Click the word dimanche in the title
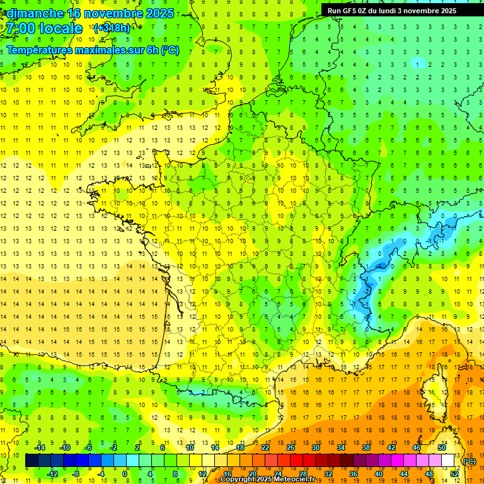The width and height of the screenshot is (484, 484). click(35, 13)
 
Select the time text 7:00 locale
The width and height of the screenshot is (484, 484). click(45, 28)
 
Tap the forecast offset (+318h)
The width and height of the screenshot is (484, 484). click(113, 28)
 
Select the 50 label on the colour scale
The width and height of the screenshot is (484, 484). click(442, 447)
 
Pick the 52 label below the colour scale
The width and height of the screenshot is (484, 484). click(454, 474)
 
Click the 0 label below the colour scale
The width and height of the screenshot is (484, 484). click(125, 474)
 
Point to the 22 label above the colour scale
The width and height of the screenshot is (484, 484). click(265, 447)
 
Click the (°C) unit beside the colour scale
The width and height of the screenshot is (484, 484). click(469, 461)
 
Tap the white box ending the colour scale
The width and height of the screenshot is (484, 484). click(448, 461)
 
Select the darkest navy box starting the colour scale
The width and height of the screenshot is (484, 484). click(32, 461)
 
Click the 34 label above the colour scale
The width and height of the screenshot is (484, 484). click(341, 447)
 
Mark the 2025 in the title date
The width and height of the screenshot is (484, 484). click(159, 13)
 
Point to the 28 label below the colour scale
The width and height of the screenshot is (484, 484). click(303, 474)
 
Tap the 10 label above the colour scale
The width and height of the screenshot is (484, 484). click(190, 447)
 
